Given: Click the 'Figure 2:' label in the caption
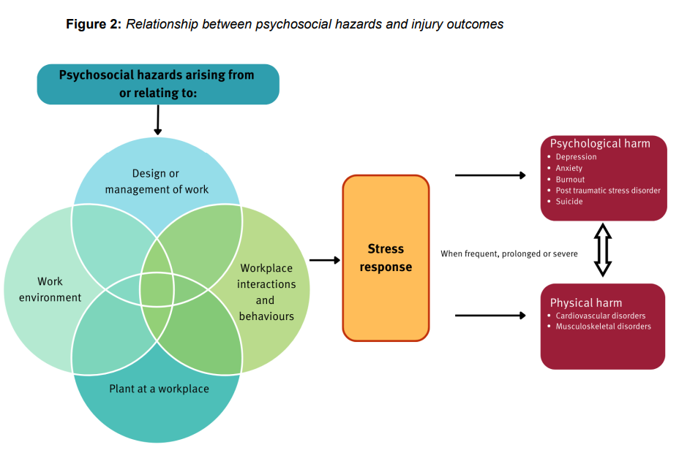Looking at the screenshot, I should (94, 24).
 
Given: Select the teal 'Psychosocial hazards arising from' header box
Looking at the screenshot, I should (158, 84).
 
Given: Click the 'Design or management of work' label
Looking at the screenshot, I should (156, 182).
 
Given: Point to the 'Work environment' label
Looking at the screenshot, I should (50, 289).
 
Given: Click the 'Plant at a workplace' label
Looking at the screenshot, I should (159, 389).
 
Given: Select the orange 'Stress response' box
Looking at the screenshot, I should (386, 258).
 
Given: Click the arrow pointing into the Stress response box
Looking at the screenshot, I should (325, 260).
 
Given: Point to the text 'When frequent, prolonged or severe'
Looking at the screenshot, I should (509, 254).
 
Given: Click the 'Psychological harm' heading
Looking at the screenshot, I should (600, 144).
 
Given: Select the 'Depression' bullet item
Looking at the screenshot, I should (576, 157).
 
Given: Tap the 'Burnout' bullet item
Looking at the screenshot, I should (570, 180).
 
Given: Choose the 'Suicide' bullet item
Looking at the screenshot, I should (569, 202).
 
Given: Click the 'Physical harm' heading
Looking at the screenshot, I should (586, 302).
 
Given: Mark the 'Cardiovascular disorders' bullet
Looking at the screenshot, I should (600, 316).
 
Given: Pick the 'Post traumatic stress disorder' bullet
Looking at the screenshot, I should (607, 191).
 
